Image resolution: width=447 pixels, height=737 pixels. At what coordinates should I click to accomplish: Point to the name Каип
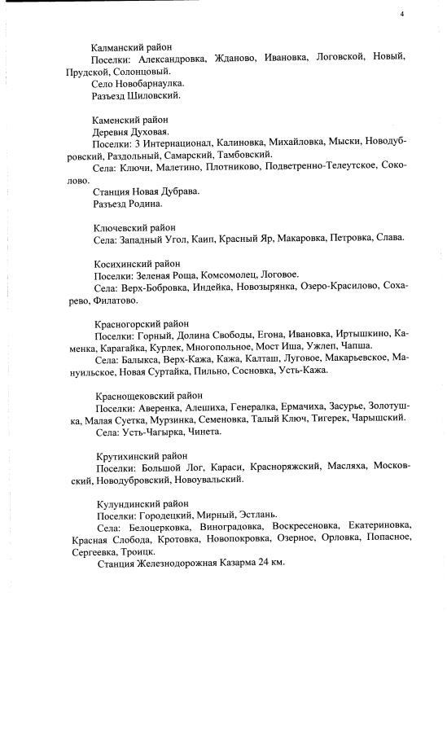coord(204,239)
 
